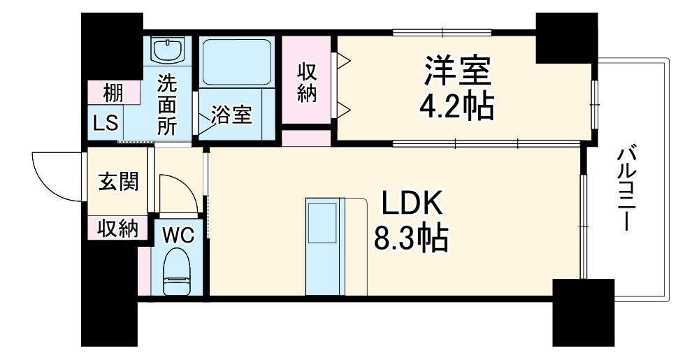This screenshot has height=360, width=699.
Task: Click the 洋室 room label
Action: click(459, 70)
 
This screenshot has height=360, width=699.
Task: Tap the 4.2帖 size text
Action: click(457, 106)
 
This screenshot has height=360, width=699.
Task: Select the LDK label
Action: click(412, 204)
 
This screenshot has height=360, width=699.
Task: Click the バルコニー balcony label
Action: click(626, 189)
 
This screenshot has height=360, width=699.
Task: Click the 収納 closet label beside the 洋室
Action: click(307, 82)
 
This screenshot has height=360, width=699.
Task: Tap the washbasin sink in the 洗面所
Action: click(168, 50)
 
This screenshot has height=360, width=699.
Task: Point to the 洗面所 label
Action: click(167, 105)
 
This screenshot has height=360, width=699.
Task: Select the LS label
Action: click(107, 126)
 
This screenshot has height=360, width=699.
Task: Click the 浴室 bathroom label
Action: click(232, 115)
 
